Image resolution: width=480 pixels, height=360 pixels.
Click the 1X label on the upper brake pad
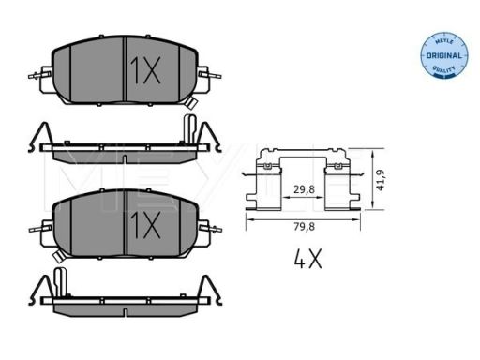click(145, 70)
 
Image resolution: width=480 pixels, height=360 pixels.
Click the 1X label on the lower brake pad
click(145, 224)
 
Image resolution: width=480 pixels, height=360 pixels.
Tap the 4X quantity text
click(307, 259)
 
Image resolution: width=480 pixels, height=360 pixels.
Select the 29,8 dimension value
click(304, 189)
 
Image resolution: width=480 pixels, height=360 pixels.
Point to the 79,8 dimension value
click(305, 227)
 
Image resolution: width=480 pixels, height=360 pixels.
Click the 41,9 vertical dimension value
click(381, 180)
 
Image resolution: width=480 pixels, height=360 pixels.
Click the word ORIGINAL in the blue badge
click(444, 56)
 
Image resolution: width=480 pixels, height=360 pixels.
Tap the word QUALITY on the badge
click(443, 68)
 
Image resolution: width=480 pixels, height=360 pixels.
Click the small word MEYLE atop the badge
click(444, 41)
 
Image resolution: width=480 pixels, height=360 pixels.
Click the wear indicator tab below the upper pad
click(190, 102)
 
